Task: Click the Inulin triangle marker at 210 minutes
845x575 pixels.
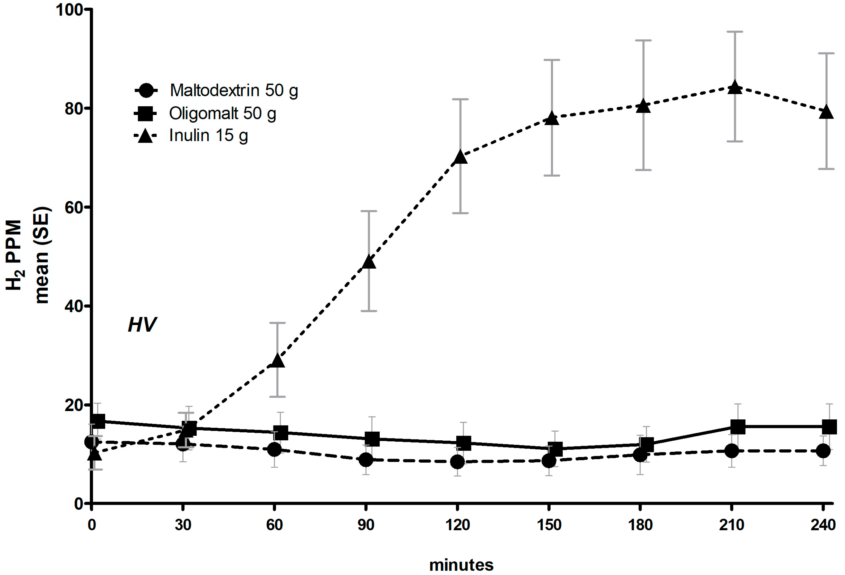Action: click(735, 88)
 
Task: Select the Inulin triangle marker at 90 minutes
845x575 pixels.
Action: click(369, 262)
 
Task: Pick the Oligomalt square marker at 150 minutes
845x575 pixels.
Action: click(555, 449)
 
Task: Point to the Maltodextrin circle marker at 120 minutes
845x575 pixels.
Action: click(457, 462)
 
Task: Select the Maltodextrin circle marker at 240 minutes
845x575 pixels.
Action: click(823, 451)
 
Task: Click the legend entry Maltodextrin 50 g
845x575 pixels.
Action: click(233, 90)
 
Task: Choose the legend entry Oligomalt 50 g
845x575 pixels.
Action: click(223, 113)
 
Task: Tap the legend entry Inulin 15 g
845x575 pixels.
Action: click(208, 136)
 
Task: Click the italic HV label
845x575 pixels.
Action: click(142, 324)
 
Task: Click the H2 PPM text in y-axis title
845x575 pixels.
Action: click(14, 254)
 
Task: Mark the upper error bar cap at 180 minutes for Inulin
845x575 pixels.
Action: click(643, 40)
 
